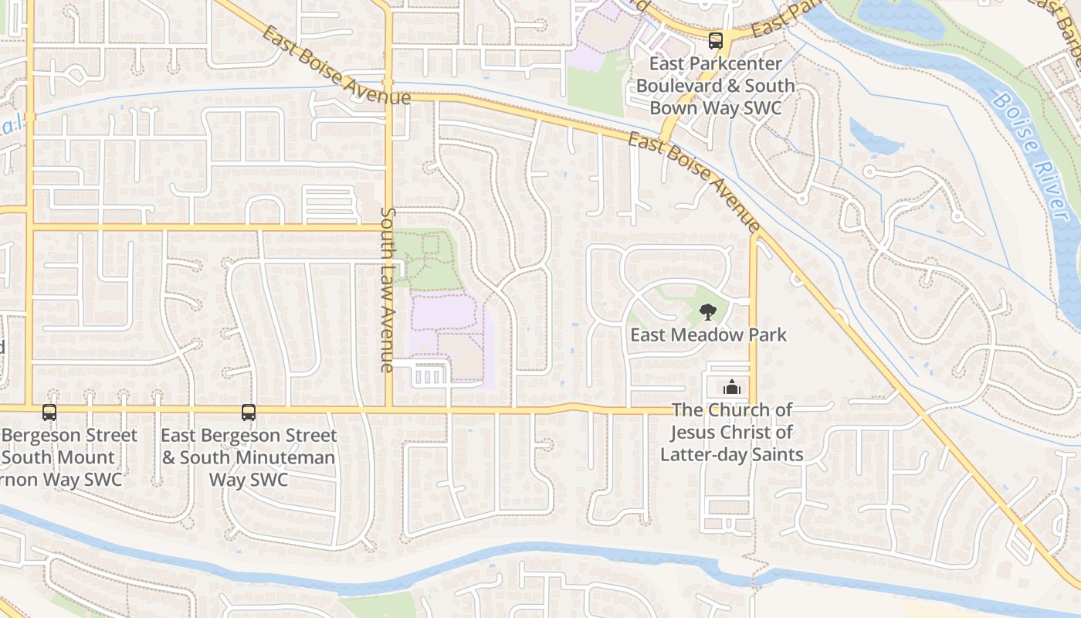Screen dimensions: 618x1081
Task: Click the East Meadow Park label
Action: (708, 334)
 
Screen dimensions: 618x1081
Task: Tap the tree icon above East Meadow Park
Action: (707, 312)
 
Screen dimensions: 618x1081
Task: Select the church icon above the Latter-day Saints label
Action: (731, 387)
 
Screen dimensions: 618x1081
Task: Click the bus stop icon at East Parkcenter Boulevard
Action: (716, 41)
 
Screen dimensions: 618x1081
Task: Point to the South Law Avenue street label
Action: (388, 290)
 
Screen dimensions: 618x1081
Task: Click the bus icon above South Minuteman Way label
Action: (248, 413)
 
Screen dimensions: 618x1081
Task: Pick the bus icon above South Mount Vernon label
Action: (49, 413)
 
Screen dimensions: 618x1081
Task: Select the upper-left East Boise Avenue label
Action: (336, 65)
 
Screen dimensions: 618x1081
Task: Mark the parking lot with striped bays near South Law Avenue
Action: (431, 375)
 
